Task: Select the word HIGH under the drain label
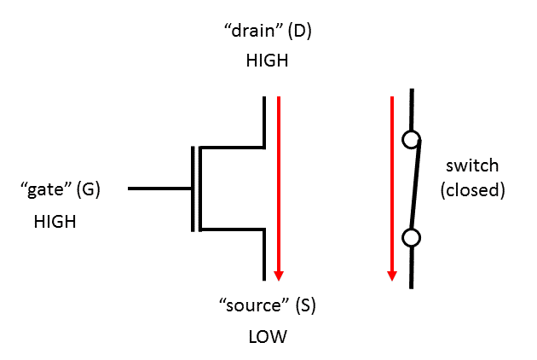point(267,61)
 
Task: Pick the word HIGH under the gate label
point(55,222)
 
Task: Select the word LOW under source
point(268,337)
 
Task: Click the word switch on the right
point(472,166)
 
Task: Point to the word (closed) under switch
point(472,189)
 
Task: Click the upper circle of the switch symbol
point(411,139)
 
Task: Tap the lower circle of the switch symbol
point(411,238)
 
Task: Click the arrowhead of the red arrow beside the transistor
point(278,275)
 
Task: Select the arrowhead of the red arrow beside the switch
point(391,275)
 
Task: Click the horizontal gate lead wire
point(159,189)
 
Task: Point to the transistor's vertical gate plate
point(193,189)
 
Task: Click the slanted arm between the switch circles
point(414,189)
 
